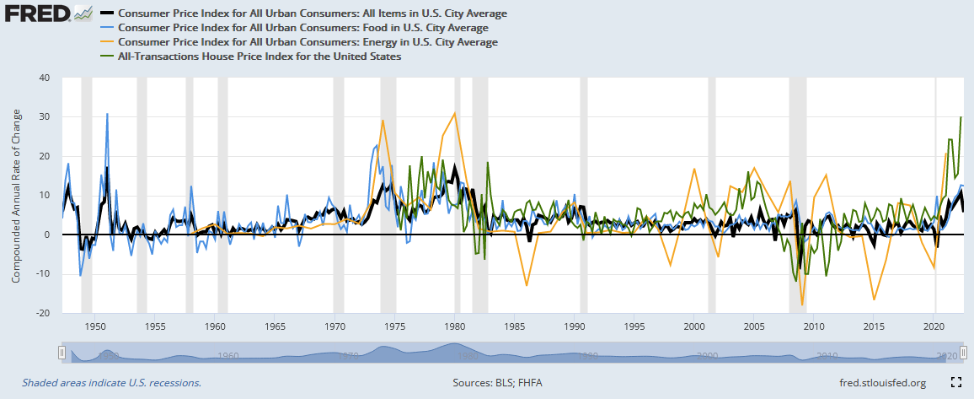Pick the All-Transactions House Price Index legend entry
[x=260, y=56]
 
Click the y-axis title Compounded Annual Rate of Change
[x=16, y=195]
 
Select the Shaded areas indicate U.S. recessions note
[x=111, y=382]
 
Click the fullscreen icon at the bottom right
[x=956, y=382]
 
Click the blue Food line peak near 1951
[x=107, y=114]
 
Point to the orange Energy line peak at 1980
[x=455, y=113]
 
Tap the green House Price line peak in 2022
[x=961, y=117]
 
